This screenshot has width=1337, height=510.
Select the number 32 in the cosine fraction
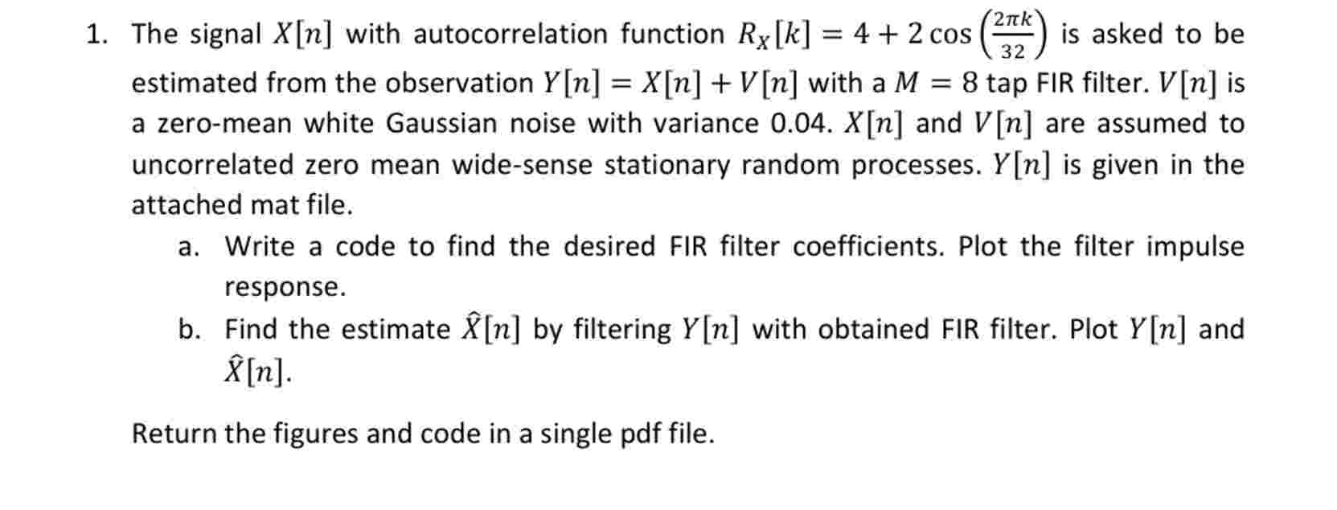point(1013,52)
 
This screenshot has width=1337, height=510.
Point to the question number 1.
point(96,34)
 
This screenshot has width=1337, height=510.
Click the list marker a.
point(188,246)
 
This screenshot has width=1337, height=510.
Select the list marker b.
point(189,329)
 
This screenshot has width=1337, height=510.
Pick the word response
point(285,287)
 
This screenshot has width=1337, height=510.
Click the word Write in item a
point(259,246)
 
